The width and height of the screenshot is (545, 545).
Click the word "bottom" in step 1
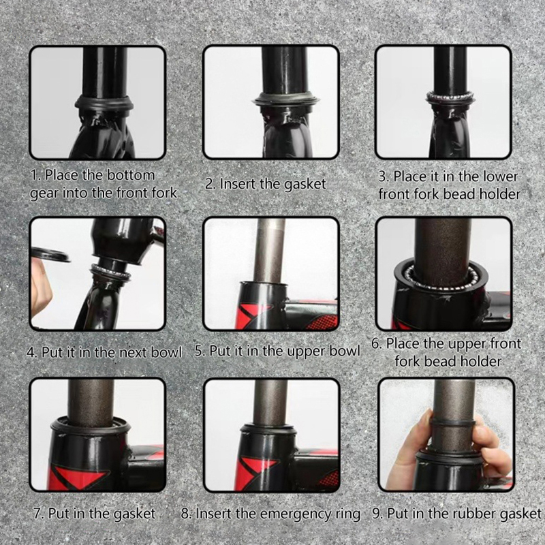(x=130, y=175)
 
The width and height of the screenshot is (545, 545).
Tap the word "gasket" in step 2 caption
(x=305, y=185)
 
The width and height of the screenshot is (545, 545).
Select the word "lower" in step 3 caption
(x=501, y=176)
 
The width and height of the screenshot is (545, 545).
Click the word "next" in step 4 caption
(x=134, y=353)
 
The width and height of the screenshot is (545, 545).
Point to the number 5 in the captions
(x=198, y=351)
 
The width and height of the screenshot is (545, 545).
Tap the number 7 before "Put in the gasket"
(x=37, y=514)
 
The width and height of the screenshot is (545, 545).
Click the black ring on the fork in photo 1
(x=104, y=103)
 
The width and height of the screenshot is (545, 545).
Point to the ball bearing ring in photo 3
(x=451, y=96)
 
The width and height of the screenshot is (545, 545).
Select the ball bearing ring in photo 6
(x=441, y=278)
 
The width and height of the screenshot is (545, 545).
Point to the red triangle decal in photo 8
(x=255, y=469)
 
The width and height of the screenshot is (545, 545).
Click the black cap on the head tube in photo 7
(x=91, y=425)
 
